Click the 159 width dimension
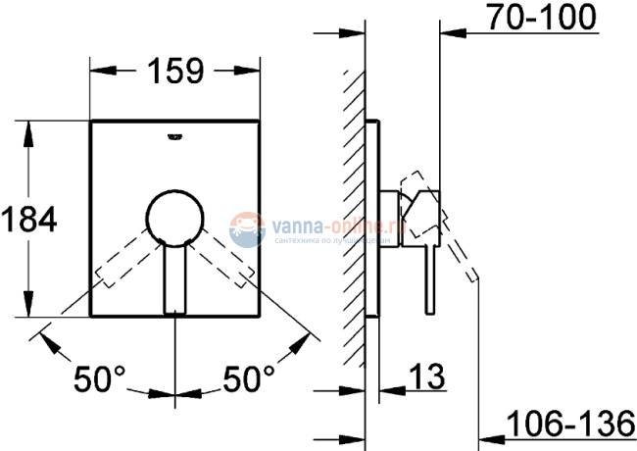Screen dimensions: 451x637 176,71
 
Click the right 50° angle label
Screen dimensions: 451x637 250,376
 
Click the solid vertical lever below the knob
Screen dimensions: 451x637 176,279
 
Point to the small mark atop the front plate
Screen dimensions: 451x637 176,136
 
